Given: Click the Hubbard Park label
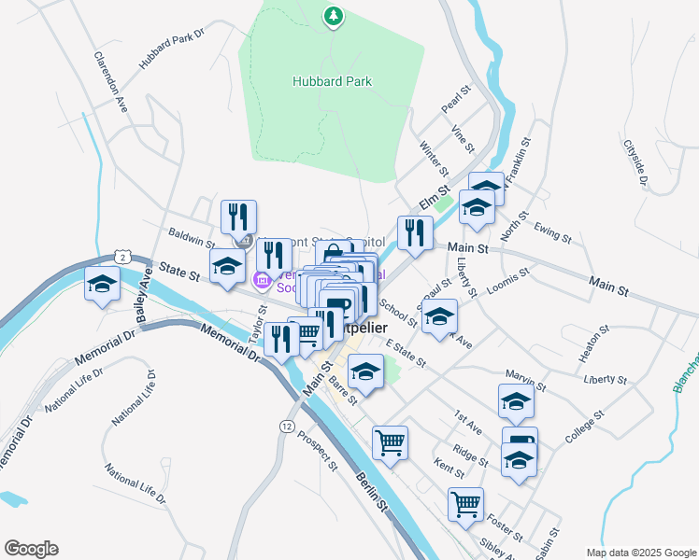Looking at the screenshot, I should coord(332,81).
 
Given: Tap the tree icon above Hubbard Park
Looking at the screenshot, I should coord(332,15).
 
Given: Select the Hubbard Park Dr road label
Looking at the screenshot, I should coord(172,54).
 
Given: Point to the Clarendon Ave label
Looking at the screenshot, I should coord(110,81).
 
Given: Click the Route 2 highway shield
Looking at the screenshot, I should coord(122,256).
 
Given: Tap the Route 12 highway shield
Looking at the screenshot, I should coord(286,425).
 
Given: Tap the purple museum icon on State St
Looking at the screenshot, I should coord(263,279).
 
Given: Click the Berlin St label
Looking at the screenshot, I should coord(371,492).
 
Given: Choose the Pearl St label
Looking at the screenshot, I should coord(454,97).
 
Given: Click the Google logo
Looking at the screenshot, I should coord(31,549).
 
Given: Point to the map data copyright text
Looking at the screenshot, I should coord(640,553).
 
